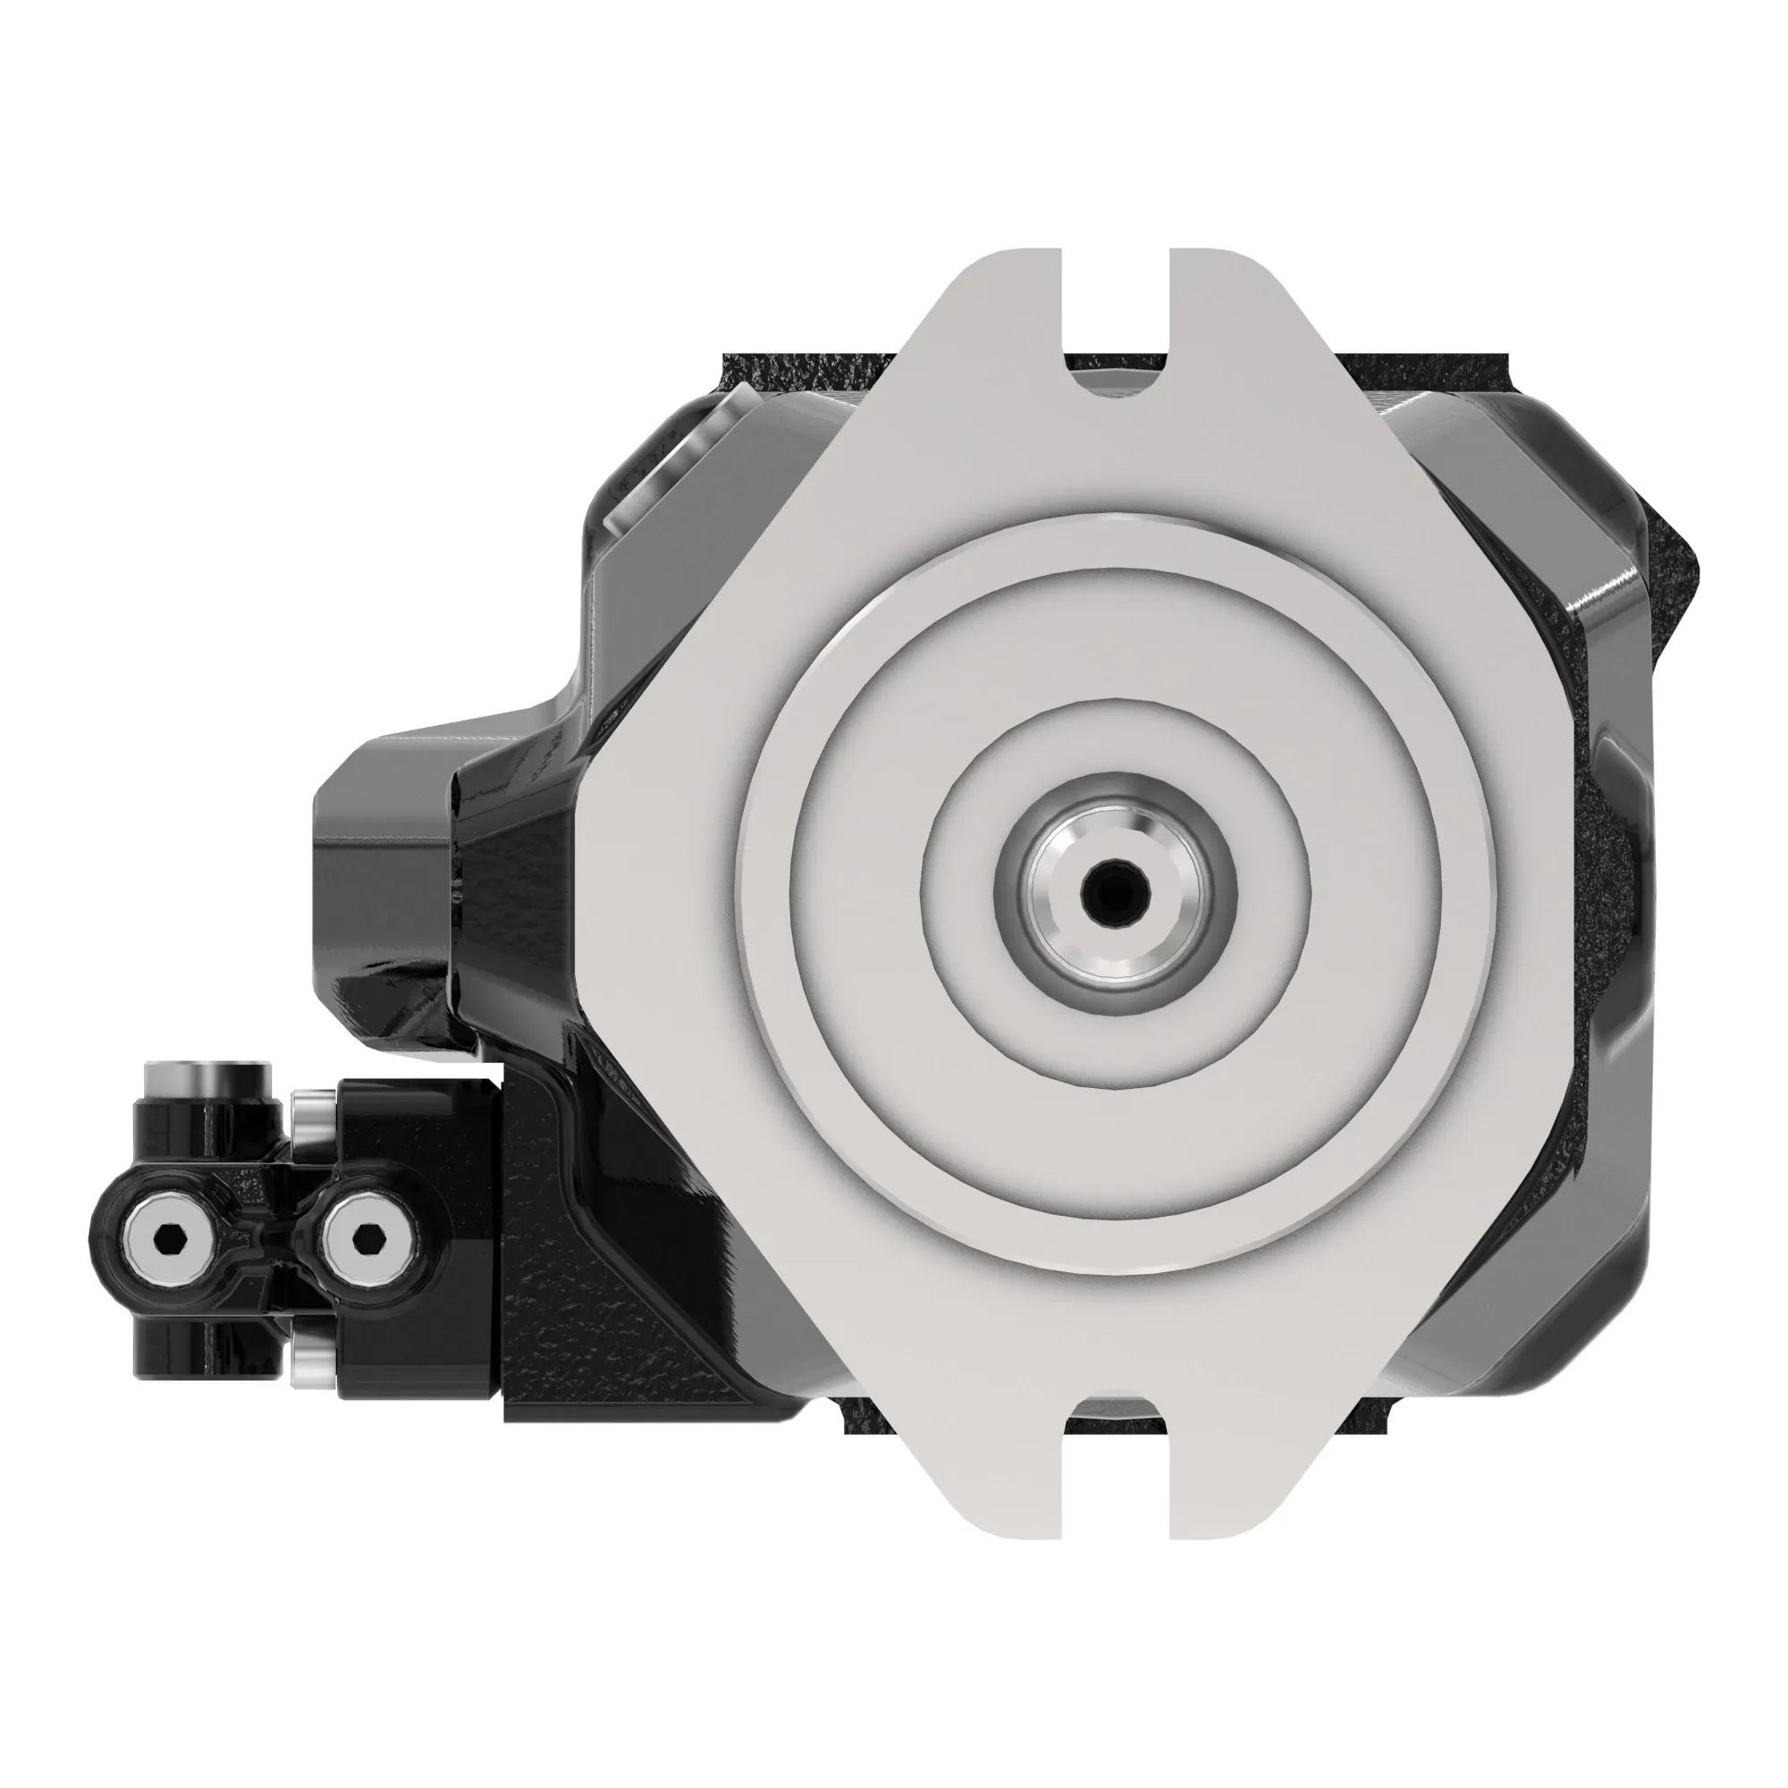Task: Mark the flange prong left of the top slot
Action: pos(1008,296)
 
